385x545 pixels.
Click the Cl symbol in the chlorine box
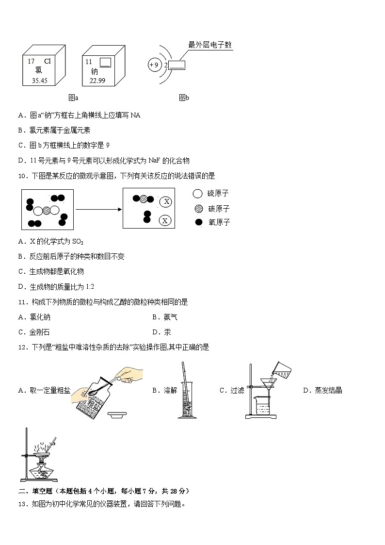pyautogui.click(x=47, y=62)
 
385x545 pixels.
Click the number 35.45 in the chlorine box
pyautogui.click(x=40, y=81)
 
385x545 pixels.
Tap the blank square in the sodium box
pyautogui.click(x=105, y=63)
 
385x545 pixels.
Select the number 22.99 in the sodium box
pyautogui.click(x=97, y=81)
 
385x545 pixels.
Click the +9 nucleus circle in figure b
pyautogui.click(x=155, y=65)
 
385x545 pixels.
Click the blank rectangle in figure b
pyautogui.click(x=177, y=65)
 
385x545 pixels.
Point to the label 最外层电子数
pyautogui.click(x=210, y=45)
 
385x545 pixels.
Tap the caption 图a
pyautogui.click(x=73, y=98)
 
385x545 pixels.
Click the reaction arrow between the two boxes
pyautogui.click(x=98, y=209)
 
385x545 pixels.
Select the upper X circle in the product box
pyautogui.click(x=166, y=201)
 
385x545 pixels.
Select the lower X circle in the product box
pyautogui.click(x=166, y=221)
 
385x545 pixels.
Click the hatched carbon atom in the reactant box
pyautogui.click(x=46, y=211)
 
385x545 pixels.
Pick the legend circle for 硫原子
pyautogui.click(x=197, y=194)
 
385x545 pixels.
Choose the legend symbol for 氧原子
pyautogui.click(x=198, y=222)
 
